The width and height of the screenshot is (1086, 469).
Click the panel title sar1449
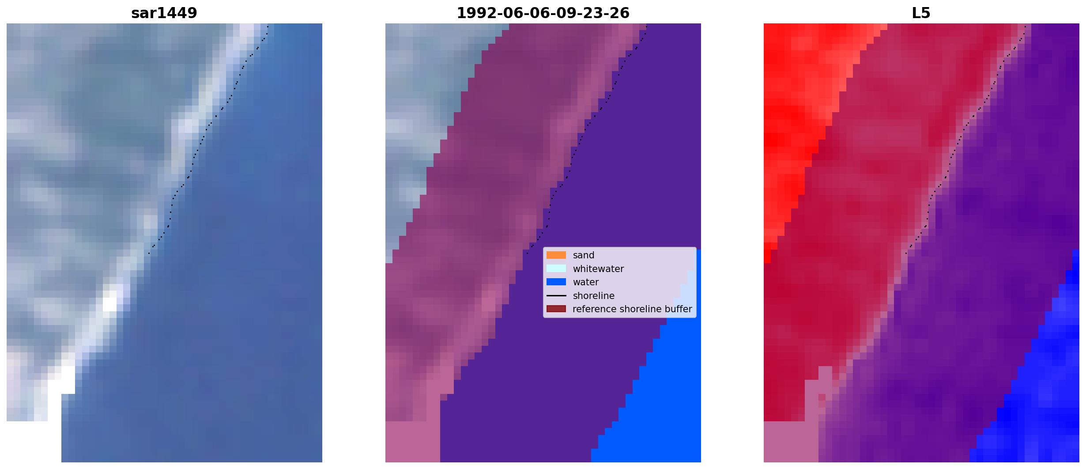pyautogui.click(x=164, y=13)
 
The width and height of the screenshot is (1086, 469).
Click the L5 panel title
pyautogui.click(x=921, y=13)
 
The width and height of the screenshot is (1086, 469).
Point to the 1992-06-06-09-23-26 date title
pyautogui.click(x=543, y=13)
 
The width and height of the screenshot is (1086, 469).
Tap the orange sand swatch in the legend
pyautogui.click(x=556, y=255)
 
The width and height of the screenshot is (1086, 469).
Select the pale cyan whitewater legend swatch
pyautogui.click(x=556, y=269)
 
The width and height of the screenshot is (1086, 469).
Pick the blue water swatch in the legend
pyautogui.click(x=556, y=282)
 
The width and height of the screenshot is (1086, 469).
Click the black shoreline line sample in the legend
pyautogui.click(x=556, y=296)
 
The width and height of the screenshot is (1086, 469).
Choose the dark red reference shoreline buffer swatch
pyautogui.click(x=556, y=309)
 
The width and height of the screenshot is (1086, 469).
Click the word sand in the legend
pyautogui.click(x=583, y=255)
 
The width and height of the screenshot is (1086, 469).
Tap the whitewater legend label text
pyautogui.click(x=598, y=269)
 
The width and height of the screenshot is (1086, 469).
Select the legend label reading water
pyautogui.click(x=585, y=282)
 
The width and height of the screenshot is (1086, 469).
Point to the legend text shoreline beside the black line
pyautogui.click(x=593, y=296)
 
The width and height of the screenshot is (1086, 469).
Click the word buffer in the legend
pyautogui.click(x=678, y=309)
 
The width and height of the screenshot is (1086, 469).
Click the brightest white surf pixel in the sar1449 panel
pyautogui.click(x=109, y=304)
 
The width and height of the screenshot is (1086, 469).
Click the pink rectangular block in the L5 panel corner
pyautogui.click(x=791, y=442)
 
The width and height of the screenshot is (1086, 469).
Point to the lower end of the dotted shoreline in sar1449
pyautogui.click(x=149, y=253)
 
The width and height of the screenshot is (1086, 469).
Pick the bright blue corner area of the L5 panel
pyautogui.click(x=1037, y=397)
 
